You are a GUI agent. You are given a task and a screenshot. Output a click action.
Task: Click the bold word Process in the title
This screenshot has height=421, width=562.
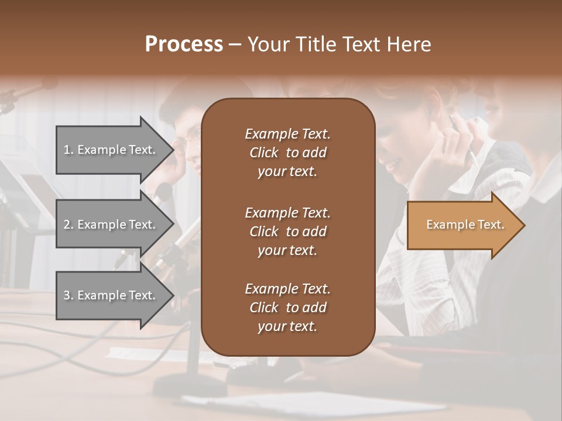coord(184,44)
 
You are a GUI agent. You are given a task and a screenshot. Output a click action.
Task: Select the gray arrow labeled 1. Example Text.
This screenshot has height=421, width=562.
coord(111,150)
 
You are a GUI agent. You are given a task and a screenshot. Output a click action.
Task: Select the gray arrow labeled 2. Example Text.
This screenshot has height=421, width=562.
coord(111,225)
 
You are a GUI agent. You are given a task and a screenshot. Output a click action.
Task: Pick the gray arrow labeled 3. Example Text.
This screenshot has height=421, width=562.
coord(111,295)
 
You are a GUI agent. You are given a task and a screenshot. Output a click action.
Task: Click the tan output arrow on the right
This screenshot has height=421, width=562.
coord(462,225)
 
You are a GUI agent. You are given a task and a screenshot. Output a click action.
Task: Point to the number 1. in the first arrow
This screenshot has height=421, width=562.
coord(68,150)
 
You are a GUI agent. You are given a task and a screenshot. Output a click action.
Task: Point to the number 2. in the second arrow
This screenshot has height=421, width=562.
coord(68,225)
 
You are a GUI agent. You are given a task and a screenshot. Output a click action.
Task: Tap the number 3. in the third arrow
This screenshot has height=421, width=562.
coord(68,295)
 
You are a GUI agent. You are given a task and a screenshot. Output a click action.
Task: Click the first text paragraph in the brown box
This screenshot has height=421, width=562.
coord(287,153)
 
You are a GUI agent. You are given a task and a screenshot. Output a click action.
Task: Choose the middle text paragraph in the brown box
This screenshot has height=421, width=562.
coord(287,232)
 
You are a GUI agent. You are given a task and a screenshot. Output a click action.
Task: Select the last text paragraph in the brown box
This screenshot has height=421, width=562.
coord(287,308)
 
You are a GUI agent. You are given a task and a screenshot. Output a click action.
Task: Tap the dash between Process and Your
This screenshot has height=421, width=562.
coord(235,45)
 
